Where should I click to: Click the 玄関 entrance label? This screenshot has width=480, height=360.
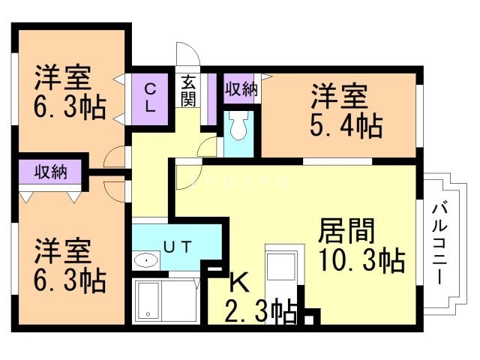click(188, 91)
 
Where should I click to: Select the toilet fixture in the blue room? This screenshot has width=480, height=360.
click(239, 127)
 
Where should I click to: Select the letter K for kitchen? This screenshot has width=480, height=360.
click(238, 283)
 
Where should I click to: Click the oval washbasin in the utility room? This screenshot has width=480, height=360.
click(146, 261)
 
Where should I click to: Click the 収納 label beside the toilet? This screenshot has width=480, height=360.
click(241, 88)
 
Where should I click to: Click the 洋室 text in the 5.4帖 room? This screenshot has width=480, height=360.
click(339, 97)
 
